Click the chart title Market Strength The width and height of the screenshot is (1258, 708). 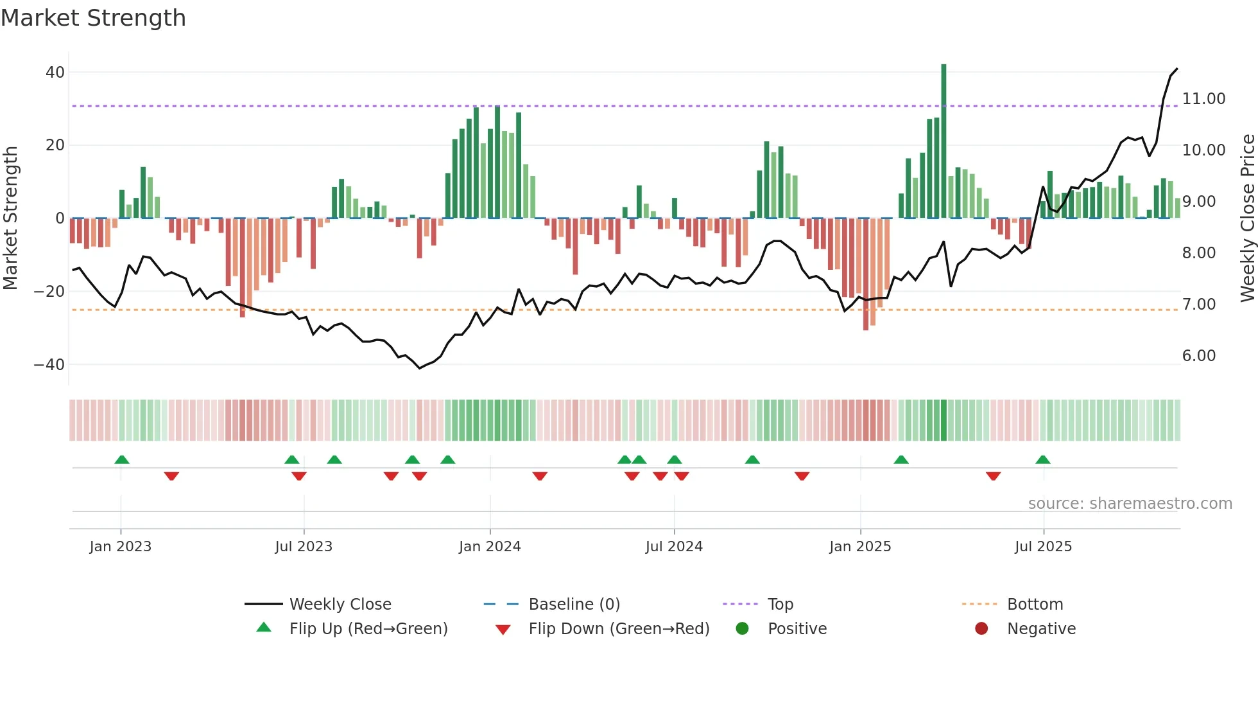[93, 18]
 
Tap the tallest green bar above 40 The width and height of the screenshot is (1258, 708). [943, 141]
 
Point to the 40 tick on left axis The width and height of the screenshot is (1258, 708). [55, 73]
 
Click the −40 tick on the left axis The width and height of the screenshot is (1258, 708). [49, 365]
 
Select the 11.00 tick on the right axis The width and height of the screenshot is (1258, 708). [1203, 99]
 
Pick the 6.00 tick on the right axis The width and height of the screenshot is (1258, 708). [1198, 356]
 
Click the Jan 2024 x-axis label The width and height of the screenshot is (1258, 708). [490, 547]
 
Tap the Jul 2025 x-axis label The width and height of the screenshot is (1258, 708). [1043, 547]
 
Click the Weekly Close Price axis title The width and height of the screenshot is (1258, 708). [1247, 218]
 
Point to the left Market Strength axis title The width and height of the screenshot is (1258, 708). [10, 218]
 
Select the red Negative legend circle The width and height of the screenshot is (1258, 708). [981, 629]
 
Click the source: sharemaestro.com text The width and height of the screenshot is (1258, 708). [1130, 504]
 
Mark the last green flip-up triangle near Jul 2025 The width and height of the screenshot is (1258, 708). [1043, 460]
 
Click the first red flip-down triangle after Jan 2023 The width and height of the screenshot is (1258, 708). [171, 476]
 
